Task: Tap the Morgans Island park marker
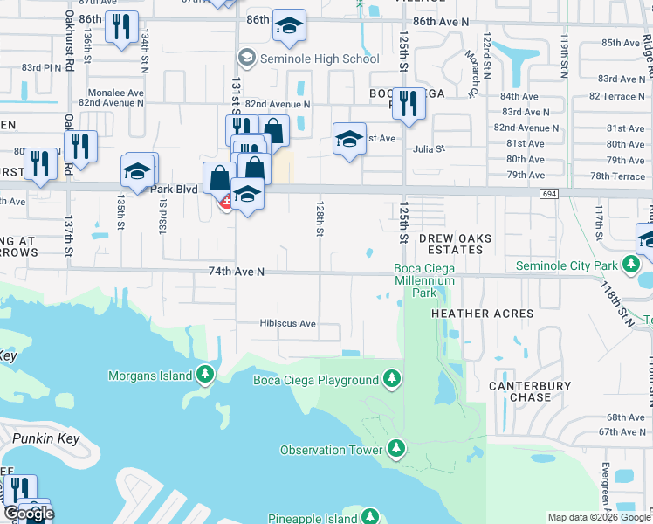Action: (x=204, y=376)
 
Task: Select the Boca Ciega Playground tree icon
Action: (x=393, y=379)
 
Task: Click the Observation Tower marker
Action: (x=396, y=450)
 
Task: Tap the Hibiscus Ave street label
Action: (x=287, y=323)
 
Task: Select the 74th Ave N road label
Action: (x=236, y=272)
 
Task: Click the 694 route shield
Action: (x=548, y=193)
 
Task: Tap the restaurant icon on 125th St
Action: (x=408, y=103)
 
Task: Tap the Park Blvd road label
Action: (x=175, y=188)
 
